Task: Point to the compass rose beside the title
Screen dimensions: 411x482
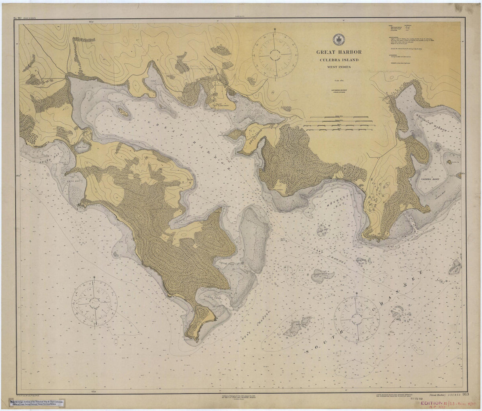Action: click(275, 53)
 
